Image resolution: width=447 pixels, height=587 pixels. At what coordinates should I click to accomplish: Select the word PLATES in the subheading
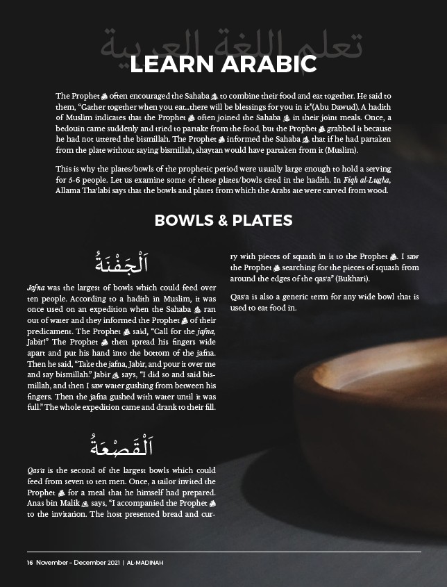coord(262,220)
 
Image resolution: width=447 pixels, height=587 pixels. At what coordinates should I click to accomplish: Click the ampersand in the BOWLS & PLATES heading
coord(222,220)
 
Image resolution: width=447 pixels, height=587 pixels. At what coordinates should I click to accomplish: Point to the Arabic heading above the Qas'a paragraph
coord(121,442)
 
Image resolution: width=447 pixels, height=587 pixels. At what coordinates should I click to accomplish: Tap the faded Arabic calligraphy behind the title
coord(222,42)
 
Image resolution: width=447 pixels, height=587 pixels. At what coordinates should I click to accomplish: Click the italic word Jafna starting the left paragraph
coord(36,287)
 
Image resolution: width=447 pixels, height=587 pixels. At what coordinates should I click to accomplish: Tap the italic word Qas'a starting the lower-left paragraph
coord(36,470)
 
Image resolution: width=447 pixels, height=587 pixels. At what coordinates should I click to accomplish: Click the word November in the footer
coord(53,563)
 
